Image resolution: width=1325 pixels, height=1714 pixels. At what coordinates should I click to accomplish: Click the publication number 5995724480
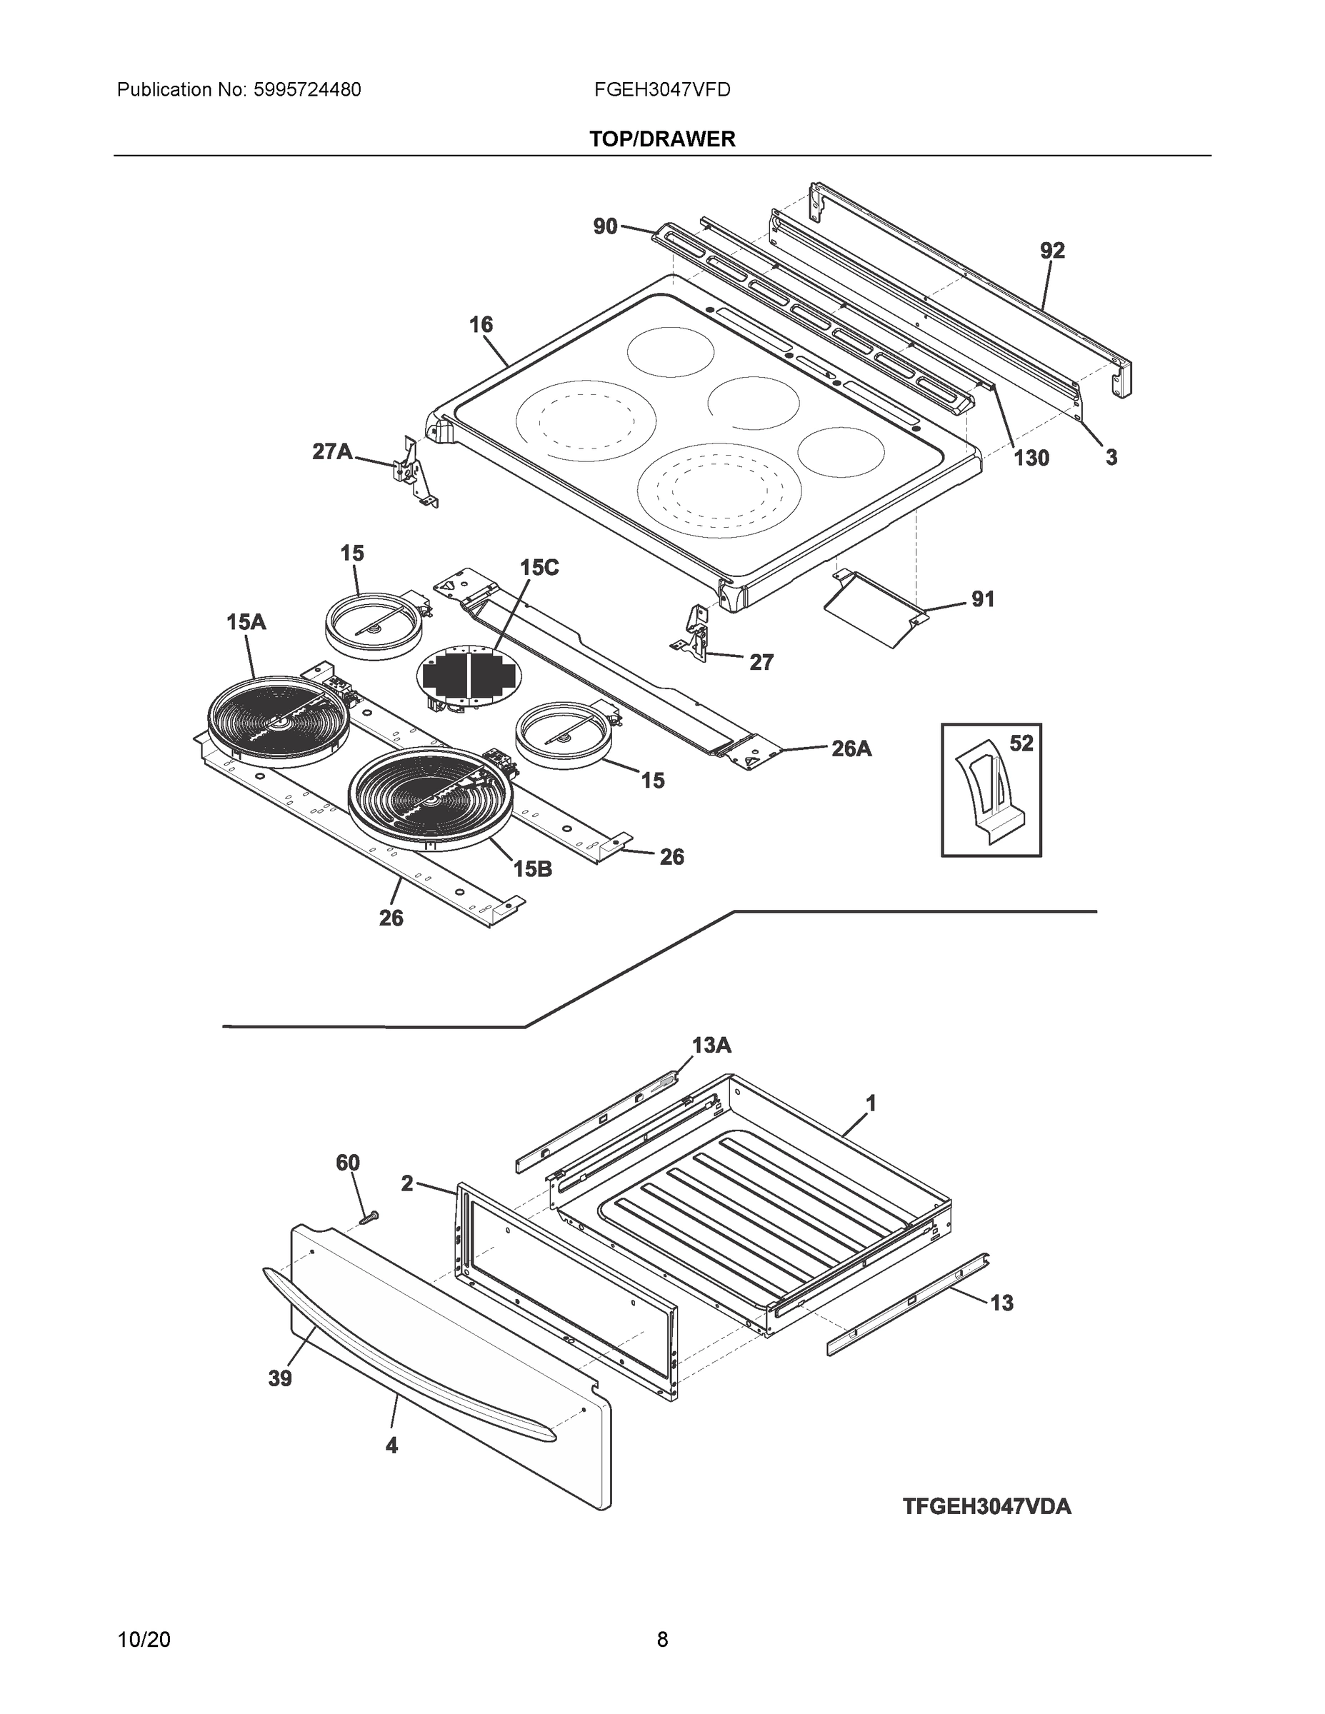(x=307, y=90)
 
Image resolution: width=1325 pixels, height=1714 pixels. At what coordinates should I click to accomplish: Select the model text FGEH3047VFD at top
(x=661, y=90)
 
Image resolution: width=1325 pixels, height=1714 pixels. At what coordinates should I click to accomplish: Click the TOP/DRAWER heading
(x=661, y=140)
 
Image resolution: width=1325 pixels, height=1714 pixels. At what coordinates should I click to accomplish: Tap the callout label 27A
(x=332, y=451)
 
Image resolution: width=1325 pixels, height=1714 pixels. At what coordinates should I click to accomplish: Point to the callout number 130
(x=1031, y=458)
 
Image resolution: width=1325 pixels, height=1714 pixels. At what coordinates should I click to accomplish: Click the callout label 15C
(x=539, y=568)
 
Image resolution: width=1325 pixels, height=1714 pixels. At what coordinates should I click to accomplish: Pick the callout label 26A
(x=851, y=748)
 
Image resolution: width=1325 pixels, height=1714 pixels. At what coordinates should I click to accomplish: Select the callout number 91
(x=983, y=600)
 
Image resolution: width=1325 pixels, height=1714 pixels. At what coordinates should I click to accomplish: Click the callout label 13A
(x=711, y=1046)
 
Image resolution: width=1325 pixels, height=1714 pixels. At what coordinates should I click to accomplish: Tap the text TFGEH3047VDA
(x=986, y=1507)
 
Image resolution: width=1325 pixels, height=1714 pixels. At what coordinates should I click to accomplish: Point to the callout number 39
(x=280, y=1379)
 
